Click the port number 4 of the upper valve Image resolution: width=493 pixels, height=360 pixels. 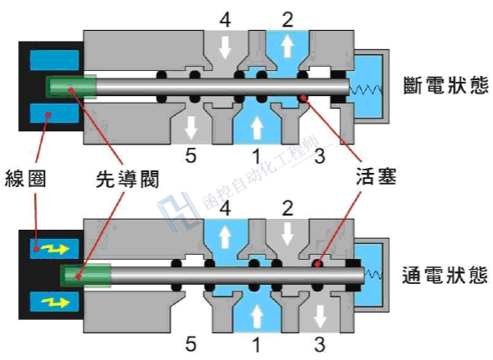pyautogui.click(x=226, y=19)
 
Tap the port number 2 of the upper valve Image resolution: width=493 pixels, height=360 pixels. pyautogui.click(x=287, y=19)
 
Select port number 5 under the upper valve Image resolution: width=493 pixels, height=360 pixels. pyautogui.click(x=191, y=155)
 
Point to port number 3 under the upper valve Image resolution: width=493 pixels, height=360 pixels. pyautogui.click(x=319, y=155)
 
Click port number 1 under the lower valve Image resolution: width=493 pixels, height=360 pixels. pyautogui.click(x=257, y=344)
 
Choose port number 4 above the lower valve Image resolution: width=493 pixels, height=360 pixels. pyautogui.click(x=226, y=208)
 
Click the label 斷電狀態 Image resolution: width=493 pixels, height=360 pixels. pyautogui.click(x=446, y=85)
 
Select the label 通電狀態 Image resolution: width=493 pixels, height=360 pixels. pyautogui.click(x=445, y=275)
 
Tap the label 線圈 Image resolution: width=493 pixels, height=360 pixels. pyautogui.click(x=25, y=179)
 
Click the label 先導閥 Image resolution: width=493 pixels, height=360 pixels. pyautogui.click(x=127, y=180)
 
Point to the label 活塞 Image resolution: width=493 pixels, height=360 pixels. pyautogui.click(x=376, y=176)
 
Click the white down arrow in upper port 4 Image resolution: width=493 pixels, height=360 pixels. pyautogui.click(x=225, y=47)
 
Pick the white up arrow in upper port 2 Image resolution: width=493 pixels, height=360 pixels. pyautogui.click(x=287, y=46)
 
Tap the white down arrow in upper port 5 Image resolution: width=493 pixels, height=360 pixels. pyautogui.click(x=191, y=127)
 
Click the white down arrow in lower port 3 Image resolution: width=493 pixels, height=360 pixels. pyautogui.click(x=320, y=317)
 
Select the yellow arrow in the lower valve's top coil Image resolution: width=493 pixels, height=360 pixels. pyautogui.click(x=55, y=249)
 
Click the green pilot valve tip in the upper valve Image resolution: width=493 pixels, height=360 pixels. pyautogui.click(x=71, y=87)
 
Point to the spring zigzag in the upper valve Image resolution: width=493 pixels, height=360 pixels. pyautogui.click(x=366, y=90)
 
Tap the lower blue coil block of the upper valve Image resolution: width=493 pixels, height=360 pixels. pyautogui.click(x=54, y=114)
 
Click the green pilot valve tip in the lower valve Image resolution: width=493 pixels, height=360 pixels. pyautogui.click(x=85, y=276)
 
